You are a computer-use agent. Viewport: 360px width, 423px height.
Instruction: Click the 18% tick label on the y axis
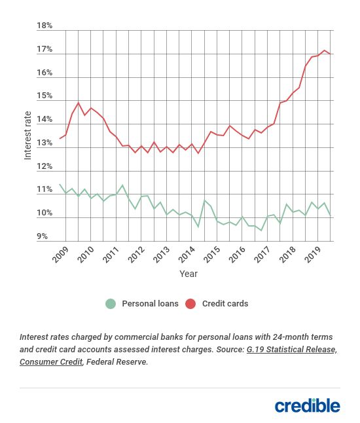tap(45, 26)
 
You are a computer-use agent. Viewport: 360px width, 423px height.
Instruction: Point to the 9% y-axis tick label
tap(42, 236)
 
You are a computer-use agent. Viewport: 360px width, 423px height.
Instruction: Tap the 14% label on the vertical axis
tap(45, 119)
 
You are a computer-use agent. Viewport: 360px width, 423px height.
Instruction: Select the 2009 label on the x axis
tap(60, 255)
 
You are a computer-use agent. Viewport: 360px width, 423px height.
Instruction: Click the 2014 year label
tap(187, 255)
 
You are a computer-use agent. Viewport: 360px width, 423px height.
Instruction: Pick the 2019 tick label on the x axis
tap(313, 255)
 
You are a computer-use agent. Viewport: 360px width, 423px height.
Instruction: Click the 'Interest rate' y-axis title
tap(27, 136)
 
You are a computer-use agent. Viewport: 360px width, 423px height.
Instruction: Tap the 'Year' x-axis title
tap(189, 274)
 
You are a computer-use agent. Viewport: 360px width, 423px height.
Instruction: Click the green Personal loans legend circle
tap(111, 304)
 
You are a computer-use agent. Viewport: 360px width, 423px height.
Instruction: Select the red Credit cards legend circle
tap(190, 304)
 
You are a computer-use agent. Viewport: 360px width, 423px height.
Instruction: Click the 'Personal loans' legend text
tap(150, 304)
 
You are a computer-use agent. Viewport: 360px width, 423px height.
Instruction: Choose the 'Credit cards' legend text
tap(225, 304)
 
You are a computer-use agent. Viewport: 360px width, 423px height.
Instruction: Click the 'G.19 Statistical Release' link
tap(291, 350)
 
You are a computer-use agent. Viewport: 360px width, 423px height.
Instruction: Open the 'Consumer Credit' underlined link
tap(51, 361)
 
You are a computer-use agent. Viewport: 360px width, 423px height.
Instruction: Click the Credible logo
tap(308, 406)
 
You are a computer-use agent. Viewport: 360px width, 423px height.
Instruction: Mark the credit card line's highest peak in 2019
tap(324, 50)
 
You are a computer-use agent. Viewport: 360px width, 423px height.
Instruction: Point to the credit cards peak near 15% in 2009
tap(79, 103)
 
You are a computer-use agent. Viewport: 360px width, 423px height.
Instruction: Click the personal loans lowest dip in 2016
tap(261, 230)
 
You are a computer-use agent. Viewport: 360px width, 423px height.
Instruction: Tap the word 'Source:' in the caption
tap(230, 350)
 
